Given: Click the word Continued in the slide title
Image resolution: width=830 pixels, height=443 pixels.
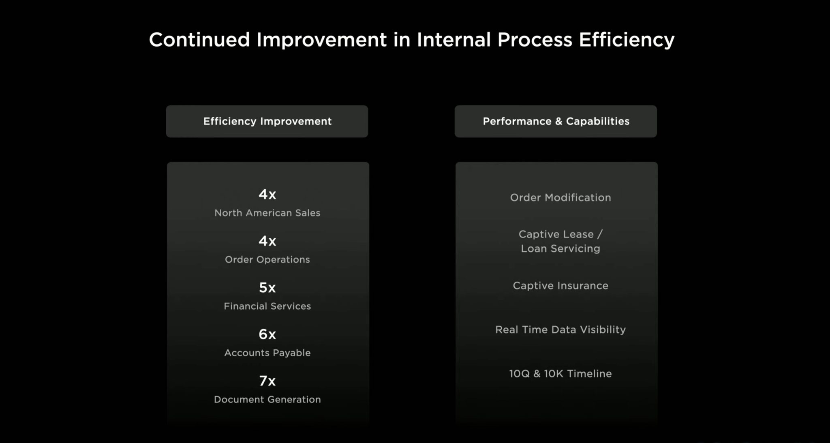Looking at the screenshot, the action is (x=199, y=40).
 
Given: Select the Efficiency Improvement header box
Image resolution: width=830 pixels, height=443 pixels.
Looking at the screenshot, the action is (x=267, y=121).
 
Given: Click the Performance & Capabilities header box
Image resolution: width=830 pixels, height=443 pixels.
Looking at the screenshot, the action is (x=556, y=121).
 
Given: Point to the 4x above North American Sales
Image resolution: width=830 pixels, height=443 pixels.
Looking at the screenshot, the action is (x=267, y=195).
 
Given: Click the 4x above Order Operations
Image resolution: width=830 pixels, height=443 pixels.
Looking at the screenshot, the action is (x=267, y=241).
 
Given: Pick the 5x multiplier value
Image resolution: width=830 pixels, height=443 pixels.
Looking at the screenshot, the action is (x=267, y=288).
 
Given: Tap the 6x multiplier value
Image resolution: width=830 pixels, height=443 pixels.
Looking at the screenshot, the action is (x=267, y=334).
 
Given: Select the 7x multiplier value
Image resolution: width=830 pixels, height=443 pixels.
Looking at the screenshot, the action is (x=267, y=381).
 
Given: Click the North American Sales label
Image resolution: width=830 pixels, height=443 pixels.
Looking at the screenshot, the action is (x=267, y=213).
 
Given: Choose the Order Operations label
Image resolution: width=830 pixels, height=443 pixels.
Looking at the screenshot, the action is (x=267, y=259).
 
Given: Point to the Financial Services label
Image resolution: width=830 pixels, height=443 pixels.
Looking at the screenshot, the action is (x=267, y=306).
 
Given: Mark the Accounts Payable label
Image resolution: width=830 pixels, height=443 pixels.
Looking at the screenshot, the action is (x=267, y=353).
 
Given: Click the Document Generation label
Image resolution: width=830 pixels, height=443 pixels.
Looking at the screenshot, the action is (x=267, y=399).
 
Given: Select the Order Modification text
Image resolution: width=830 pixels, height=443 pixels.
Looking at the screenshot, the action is (x=560, y=197).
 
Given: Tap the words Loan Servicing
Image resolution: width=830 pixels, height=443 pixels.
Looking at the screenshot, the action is (x=560, y=248).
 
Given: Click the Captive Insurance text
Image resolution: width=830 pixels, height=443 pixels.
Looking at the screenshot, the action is (x=560, y=286).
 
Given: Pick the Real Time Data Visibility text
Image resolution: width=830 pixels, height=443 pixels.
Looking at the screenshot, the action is (x=560, y=330).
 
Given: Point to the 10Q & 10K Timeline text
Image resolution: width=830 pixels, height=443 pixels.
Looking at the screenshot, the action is (x=560, y=374).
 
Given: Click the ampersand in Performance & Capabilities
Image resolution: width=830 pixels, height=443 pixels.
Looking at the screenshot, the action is (x=559, y=121).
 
